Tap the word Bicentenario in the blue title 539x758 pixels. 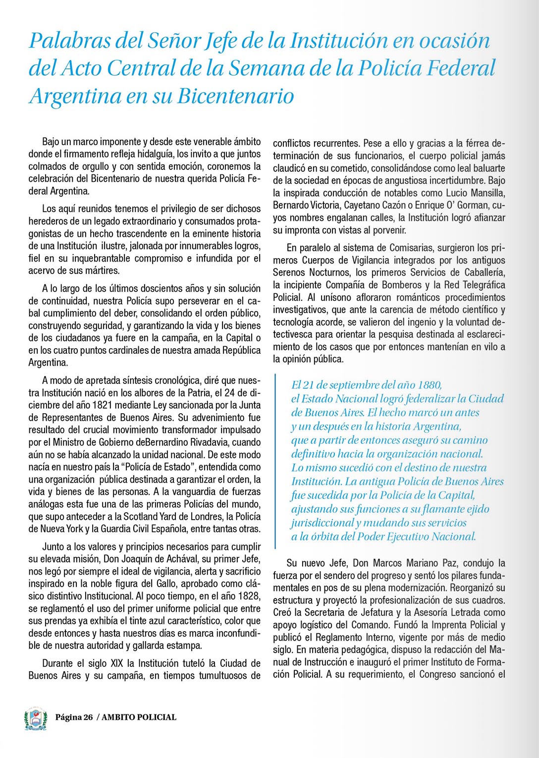236,96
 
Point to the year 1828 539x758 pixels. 250,596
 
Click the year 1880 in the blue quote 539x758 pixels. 429,385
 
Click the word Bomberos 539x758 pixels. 402,285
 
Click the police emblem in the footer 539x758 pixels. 36,718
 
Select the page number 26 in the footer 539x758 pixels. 88,717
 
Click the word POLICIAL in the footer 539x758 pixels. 154,717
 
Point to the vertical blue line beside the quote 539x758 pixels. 275,461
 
